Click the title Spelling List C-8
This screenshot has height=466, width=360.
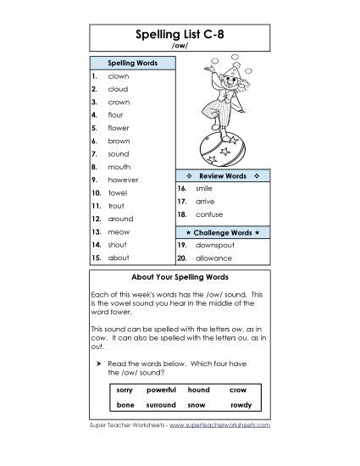point(180,36)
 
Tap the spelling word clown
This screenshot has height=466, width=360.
point(118,76)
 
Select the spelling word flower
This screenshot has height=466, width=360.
point(119,128)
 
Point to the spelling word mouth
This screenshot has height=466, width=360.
point(119,167)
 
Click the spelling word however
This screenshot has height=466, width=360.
point(123,180)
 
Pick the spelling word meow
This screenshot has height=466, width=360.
point(118,231)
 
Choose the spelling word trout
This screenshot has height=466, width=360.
point(117,206)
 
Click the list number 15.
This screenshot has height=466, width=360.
point(97,257)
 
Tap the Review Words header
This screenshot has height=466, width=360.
point(222,175)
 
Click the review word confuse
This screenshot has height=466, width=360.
point(208,216)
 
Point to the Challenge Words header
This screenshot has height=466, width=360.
point(222,231)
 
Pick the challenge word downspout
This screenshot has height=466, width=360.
point(213,244)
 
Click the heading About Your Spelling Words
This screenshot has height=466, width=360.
point(180,277)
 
